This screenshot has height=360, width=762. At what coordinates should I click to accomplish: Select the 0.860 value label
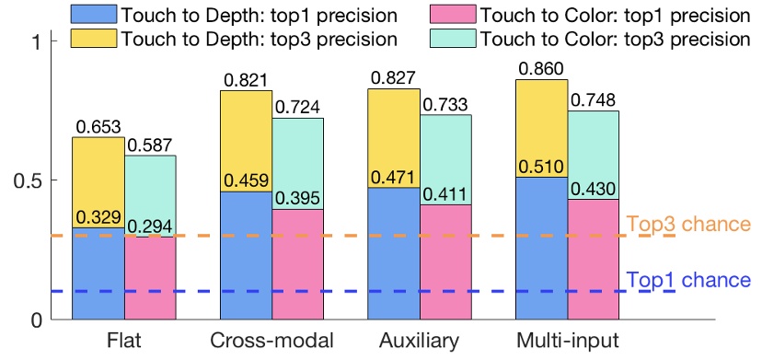point(542,69)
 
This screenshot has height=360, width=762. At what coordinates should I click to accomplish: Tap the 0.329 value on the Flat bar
point(98,217)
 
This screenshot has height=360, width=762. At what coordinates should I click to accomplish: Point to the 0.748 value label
point(595,100)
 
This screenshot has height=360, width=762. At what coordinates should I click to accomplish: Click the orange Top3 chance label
point(688,224)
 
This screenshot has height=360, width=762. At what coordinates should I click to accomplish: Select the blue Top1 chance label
point(688,280)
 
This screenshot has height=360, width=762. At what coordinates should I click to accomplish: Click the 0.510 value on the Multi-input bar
point(542,167)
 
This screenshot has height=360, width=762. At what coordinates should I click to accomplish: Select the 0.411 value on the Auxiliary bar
point(445,194)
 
